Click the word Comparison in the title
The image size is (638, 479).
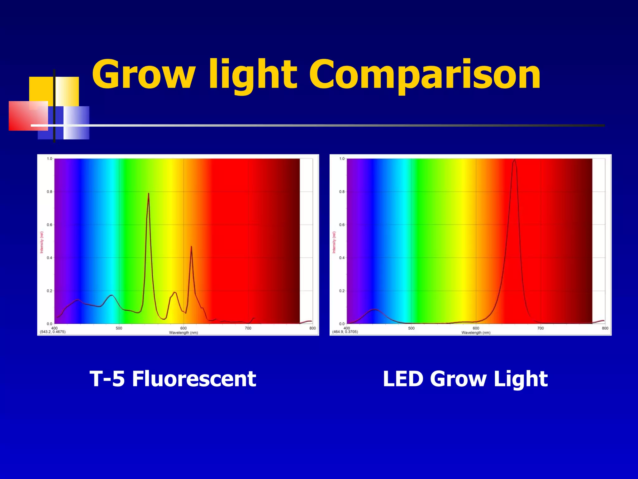click(425, 75)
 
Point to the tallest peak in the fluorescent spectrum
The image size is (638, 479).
click(148, 194)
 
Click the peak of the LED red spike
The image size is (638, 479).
click(514, 160)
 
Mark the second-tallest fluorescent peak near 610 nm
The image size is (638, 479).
click(191, 247)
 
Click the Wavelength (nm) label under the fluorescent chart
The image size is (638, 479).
click(183, 332)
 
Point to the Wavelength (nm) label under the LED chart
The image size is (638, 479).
click(476, 332)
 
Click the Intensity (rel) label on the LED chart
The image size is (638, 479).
click(334, 242)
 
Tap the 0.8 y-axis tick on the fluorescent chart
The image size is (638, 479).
click(50, 192)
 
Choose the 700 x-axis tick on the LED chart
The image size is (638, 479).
click(540, 328)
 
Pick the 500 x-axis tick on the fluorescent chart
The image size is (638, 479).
click(119, 328)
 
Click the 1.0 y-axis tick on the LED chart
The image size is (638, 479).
click(342, 159)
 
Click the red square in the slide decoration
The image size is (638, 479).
click(28, 116)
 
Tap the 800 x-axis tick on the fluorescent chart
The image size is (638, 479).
click(312, 328)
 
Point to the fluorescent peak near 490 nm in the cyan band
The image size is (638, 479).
click(112, 295)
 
